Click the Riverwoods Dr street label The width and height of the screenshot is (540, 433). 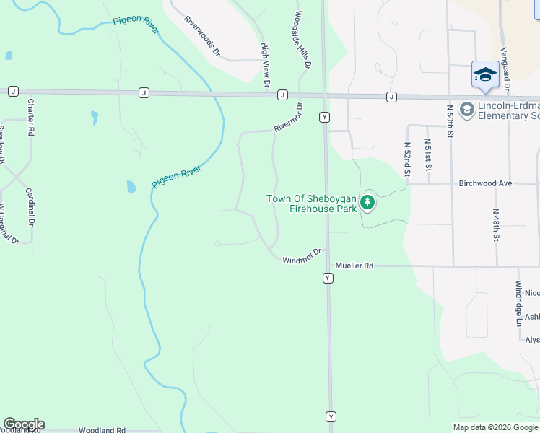pos(201,38)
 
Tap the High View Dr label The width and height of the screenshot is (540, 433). pos(266,65)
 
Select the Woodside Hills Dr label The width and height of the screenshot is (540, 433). pos(302,40)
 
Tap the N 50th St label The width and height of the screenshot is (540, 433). pos(450,121)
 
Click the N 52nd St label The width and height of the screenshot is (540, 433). pos(406,159)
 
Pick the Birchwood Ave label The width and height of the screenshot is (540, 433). pos(485,183)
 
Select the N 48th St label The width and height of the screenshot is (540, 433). pos(496,226)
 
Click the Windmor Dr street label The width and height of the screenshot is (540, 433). pos(302,256)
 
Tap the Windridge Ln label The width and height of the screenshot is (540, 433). pos(518,303)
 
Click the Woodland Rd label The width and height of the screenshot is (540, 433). pos(102,430)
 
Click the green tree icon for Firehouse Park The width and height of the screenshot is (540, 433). pos(368,203)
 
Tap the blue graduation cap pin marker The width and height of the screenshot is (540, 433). pos(485,74)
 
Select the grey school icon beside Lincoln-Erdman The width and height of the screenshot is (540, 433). pos(466,109)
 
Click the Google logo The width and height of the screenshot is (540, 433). pos(24,424)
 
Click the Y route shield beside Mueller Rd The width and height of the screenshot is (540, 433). pos(328,278)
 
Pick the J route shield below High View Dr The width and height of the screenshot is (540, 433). pos(282,95)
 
